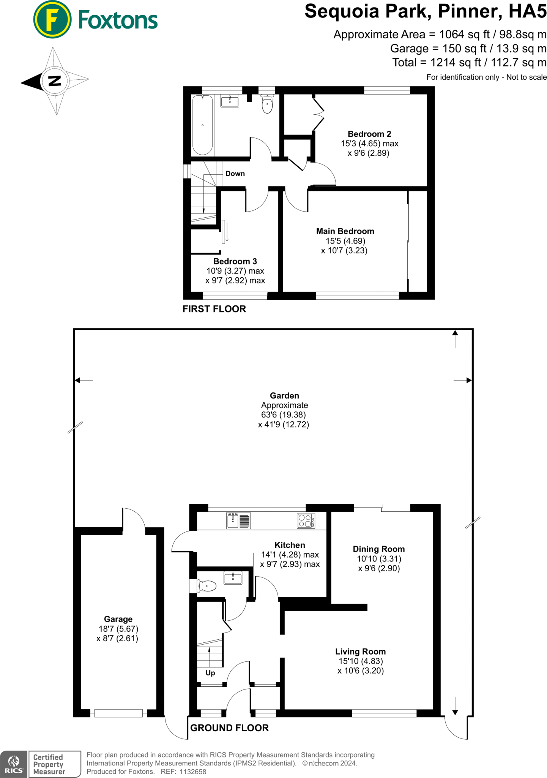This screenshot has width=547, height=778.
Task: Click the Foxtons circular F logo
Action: [52, 20]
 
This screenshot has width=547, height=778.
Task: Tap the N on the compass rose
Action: [55, 81]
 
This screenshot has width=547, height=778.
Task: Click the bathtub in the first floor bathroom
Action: [202, 125]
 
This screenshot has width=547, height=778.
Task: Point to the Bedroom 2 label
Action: [369, 134]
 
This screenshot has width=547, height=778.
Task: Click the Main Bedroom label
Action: [345, 231]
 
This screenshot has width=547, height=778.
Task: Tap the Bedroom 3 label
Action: [235, 261]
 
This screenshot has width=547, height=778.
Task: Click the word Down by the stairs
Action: [235, 174]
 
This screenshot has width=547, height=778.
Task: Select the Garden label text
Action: [284, 396]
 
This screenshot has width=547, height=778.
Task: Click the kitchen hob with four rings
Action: [306, 521]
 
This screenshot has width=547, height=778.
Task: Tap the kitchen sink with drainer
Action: [238, 520]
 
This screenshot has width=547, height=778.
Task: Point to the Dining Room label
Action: [378, 549]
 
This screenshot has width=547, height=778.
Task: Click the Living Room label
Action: [360, 651]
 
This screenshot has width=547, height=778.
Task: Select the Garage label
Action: [118, 619]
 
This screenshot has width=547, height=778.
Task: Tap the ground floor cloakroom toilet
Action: [206, 586]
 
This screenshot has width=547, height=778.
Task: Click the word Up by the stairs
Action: [210, 673]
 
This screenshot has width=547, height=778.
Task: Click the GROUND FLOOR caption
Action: [229, 728]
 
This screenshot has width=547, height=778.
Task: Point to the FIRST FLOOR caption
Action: [214, 309]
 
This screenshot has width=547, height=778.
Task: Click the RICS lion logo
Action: [14, 764]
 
